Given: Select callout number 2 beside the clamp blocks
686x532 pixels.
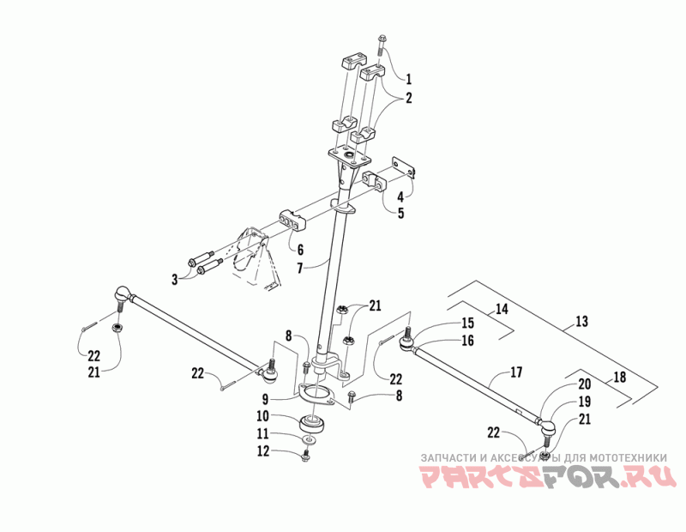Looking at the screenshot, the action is tap(409, 98).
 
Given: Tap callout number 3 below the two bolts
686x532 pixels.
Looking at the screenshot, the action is tap(177, 280).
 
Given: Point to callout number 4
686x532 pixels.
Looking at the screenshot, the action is tap(401, 196).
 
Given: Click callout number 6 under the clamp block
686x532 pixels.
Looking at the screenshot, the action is tap(300, 249).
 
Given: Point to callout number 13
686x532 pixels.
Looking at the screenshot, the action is tap(582, 322).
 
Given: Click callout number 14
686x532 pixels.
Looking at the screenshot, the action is tap(502, 308).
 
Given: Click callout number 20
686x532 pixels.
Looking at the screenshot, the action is tap(584, 384).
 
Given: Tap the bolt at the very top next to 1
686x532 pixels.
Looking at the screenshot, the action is tap(382, 42).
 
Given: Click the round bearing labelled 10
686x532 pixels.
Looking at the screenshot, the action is tap(314, 423).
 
